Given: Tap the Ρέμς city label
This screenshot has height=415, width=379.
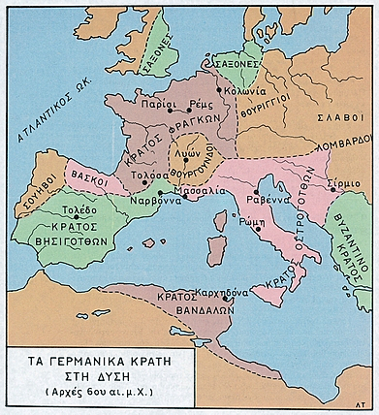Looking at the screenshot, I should [201, 100].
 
